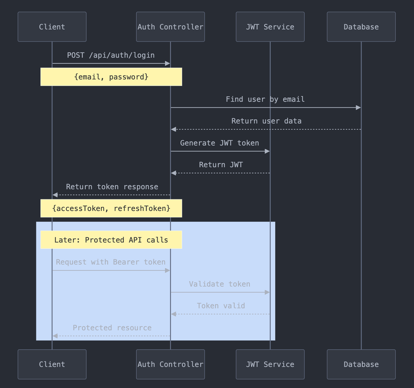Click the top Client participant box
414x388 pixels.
(x=52, y=27)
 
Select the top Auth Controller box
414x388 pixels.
(x=170, y=27)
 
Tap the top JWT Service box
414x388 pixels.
(x=270, y=27)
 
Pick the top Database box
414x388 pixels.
(x=361, y=27)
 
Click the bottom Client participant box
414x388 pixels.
(x=52, y=364)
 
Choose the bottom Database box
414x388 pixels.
(x=361, y=364)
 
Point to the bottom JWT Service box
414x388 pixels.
(x=270, y=364)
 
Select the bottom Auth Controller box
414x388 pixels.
(x=170, y=364)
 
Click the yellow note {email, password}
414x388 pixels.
(x=111, y=77)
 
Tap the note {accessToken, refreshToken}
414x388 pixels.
(x=111, y=208)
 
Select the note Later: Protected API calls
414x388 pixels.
(x=111, y=240)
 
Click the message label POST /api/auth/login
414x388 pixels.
(x=111, y=55)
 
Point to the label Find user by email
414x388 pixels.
(x=265, y=99)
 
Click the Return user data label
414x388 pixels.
(x=266, y=121)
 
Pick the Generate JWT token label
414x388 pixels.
(x=219, y=143)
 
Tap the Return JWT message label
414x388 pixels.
(x=221, y=165)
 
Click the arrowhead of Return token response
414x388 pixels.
(x=55, y=195)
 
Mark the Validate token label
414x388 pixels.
(x=219, y=284)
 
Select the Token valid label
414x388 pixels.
(x=221, y=306)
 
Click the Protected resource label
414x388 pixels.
(x=112, y=328)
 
